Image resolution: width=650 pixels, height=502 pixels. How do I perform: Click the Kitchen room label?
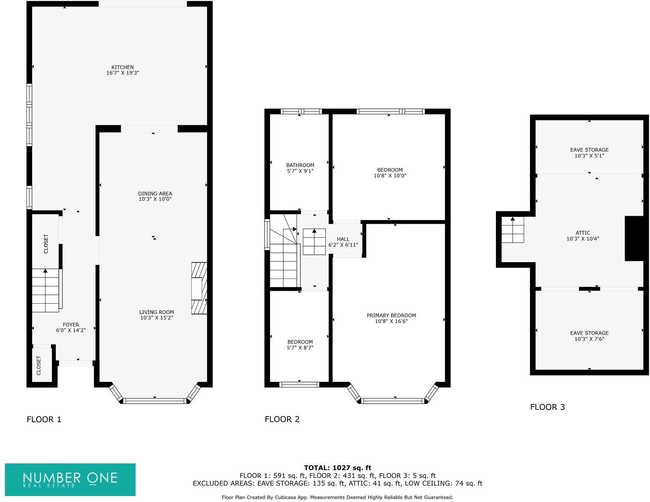tap(122, 67)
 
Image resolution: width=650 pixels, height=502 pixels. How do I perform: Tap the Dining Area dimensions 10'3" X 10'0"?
tap(155, 199)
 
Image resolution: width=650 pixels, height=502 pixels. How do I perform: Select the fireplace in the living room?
tap(199, 288)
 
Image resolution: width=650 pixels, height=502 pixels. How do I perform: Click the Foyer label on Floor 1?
tap(71, 325)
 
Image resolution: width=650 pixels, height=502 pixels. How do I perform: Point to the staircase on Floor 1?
tap(46, 290)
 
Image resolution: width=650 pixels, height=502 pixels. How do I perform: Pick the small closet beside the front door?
tap(39, 365)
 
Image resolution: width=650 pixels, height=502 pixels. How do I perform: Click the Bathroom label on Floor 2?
tap(300, 165)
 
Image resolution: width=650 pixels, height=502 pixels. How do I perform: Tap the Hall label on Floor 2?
tap(343, 239)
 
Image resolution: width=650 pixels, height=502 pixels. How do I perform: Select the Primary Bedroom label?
tap(391, 315)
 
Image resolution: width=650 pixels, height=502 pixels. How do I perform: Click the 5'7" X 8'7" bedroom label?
tap(300, 345)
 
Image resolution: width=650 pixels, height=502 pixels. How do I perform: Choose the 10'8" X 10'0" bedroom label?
tap(390, 173)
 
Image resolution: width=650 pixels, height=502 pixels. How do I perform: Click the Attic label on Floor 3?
tap(583, 233)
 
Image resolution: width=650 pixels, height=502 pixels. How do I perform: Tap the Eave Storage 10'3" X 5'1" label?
tap(589, 153)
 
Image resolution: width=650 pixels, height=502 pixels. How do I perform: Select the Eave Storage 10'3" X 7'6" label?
tap(589, 336)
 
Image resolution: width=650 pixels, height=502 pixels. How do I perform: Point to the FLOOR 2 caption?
tap(282, 419)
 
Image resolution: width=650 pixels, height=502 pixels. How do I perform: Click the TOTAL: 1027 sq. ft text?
tap(337, 468)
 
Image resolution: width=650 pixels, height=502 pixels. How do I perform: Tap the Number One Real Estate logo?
tap(70, 479)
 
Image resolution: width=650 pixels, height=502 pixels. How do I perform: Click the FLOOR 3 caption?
tap(547, 407)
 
